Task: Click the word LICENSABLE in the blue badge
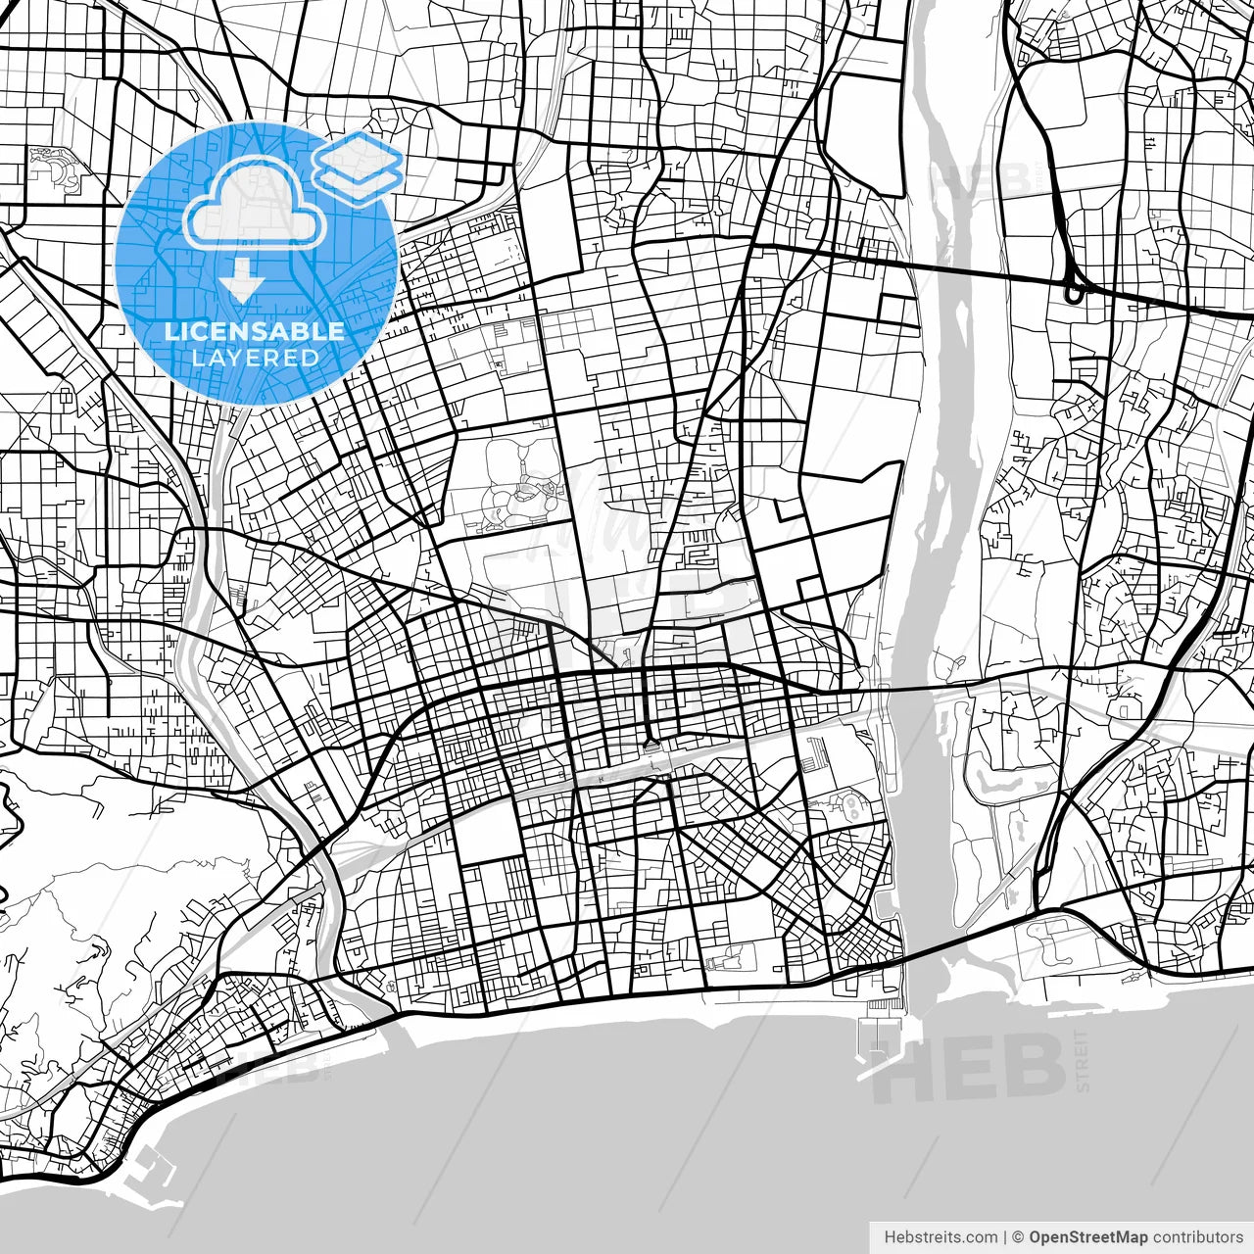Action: [255, 331]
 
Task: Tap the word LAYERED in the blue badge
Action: [255, 358]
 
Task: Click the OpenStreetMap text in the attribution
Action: [1088, 1237]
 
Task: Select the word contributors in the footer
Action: [1197, 1237]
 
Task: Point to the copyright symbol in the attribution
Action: [1018, 1237]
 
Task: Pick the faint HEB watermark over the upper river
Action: [980, 179]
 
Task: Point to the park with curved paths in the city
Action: [519, 490]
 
